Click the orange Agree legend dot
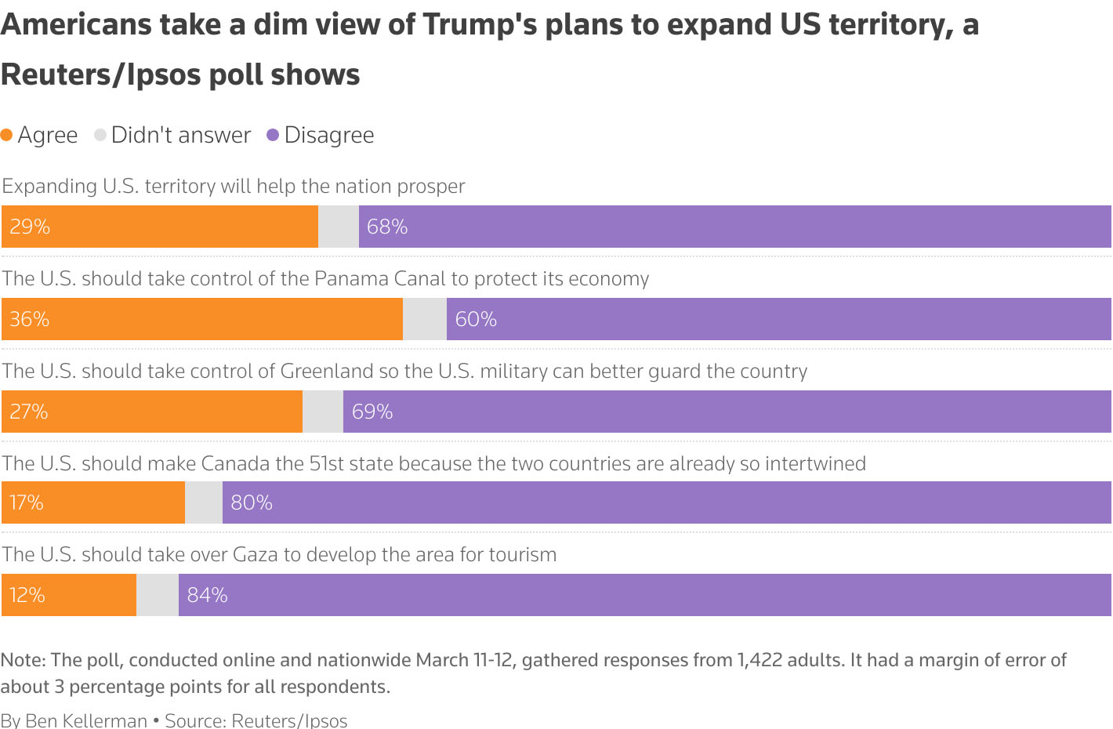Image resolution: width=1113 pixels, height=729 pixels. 7,135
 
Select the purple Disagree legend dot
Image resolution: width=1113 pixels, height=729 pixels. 273,135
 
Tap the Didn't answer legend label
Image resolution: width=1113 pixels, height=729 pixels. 180,135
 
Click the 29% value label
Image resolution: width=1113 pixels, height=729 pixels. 30,227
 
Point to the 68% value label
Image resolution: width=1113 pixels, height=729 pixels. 387,227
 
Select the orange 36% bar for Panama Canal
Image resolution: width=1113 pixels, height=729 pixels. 202,319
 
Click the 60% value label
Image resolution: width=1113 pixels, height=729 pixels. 476,319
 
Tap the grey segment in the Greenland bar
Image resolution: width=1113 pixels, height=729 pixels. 323,412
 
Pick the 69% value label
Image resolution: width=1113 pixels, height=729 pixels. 372,412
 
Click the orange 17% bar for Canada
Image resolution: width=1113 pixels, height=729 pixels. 93,502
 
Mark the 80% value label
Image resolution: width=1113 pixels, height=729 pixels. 252,502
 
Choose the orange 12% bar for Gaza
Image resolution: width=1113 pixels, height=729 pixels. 69,595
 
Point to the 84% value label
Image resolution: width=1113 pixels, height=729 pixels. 207,595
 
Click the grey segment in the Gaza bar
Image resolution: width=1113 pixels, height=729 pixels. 158,595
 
